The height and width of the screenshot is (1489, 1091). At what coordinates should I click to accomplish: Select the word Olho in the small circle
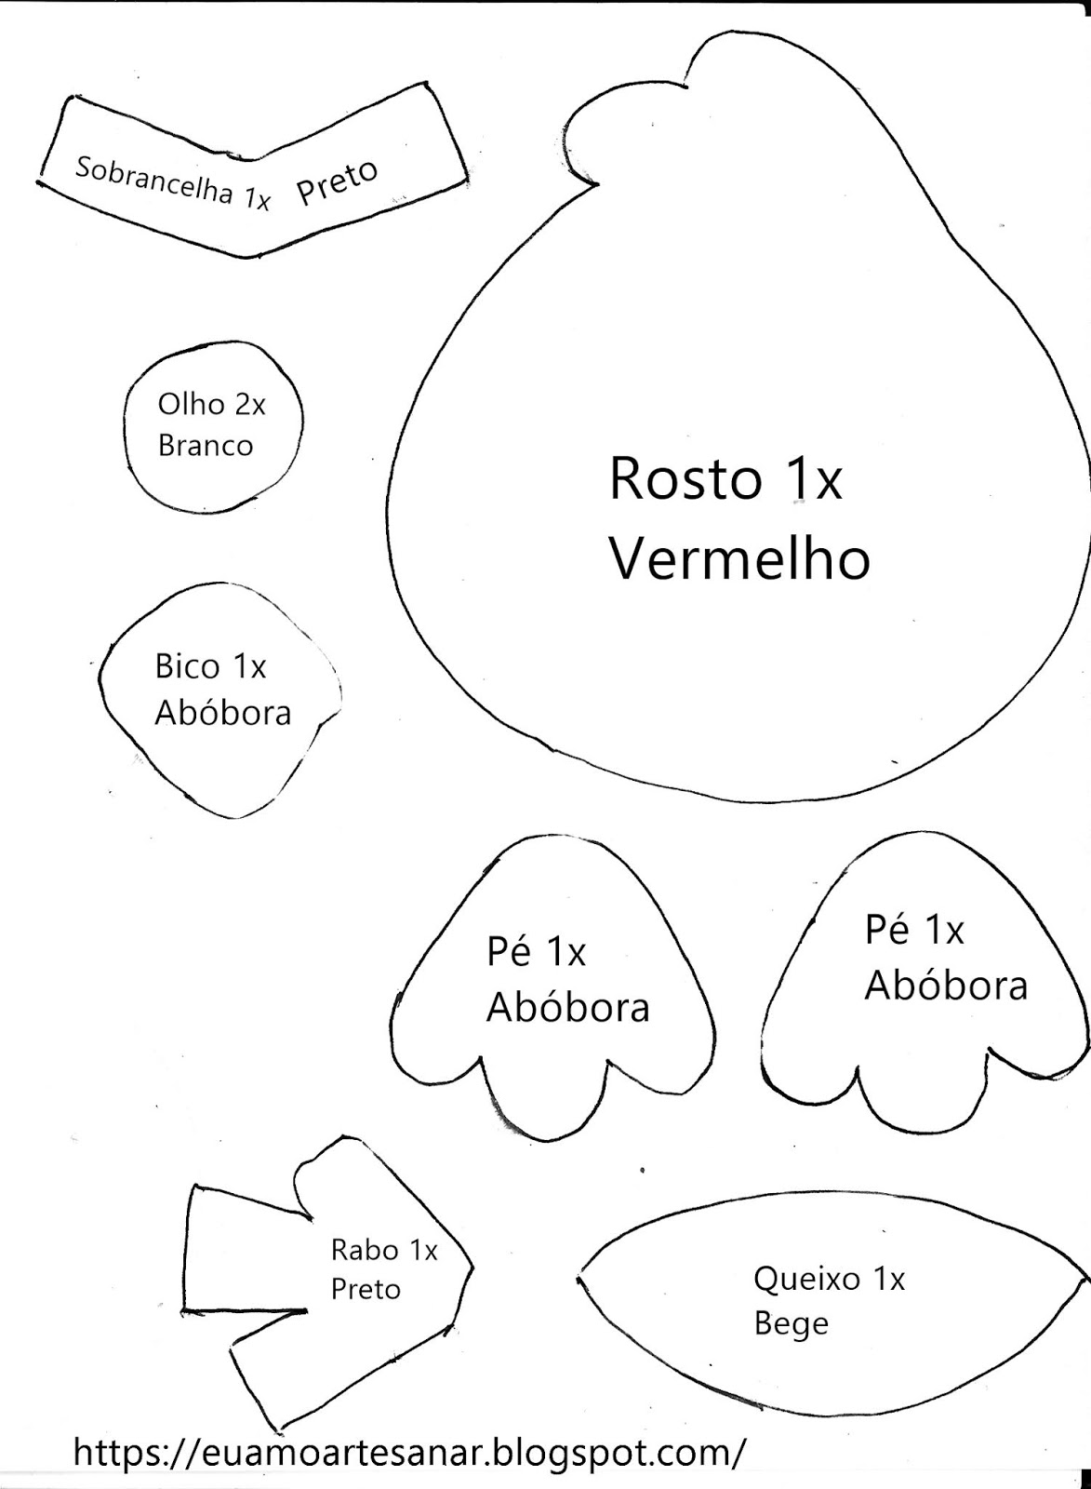click(191, 405)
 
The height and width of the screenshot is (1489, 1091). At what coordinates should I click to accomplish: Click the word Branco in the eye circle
click(206, 446)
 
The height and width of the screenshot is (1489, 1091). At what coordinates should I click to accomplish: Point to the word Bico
click(187, 666)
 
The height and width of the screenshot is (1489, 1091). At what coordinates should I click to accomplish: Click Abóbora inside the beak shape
click(223, 713)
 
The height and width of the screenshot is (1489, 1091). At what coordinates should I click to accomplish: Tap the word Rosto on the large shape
click(683, 479)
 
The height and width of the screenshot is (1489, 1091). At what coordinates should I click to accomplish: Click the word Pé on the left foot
click(510, 952)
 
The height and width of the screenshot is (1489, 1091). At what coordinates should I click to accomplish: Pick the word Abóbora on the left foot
click(567, 1007)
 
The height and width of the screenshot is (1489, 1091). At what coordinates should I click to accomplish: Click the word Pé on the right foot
click(887, 930)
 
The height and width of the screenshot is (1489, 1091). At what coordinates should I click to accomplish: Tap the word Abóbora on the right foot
click(946, 986)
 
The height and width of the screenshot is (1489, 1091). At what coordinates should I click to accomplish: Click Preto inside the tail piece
click(366, 1290)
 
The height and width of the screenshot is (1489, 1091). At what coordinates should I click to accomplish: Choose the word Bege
click(791, 1323)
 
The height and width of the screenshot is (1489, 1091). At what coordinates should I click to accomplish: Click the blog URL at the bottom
click(409, 1451)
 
